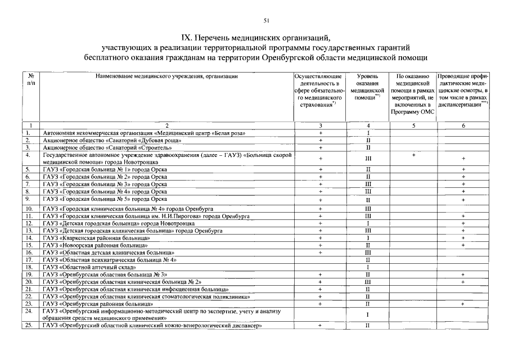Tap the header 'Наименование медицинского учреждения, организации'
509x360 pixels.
click(167, 76)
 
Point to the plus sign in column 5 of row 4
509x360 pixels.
click(413, 155)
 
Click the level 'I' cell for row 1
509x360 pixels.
click(367, 133)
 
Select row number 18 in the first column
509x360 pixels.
click(28, 268)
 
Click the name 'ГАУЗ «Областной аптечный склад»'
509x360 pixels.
click(84, 268)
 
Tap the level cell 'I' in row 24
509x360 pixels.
click(367, 314)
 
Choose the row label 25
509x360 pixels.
click(28, 326)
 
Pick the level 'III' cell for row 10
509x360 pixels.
click(367, 209)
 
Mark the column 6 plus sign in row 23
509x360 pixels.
click(463, 304)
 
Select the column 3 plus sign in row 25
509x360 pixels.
click(320, 326)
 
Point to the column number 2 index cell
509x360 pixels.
click(167, 125)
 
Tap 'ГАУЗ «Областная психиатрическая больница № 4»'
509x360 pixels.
click(110, 260)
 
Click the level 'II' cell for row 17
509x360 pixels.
click(367, 260)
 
